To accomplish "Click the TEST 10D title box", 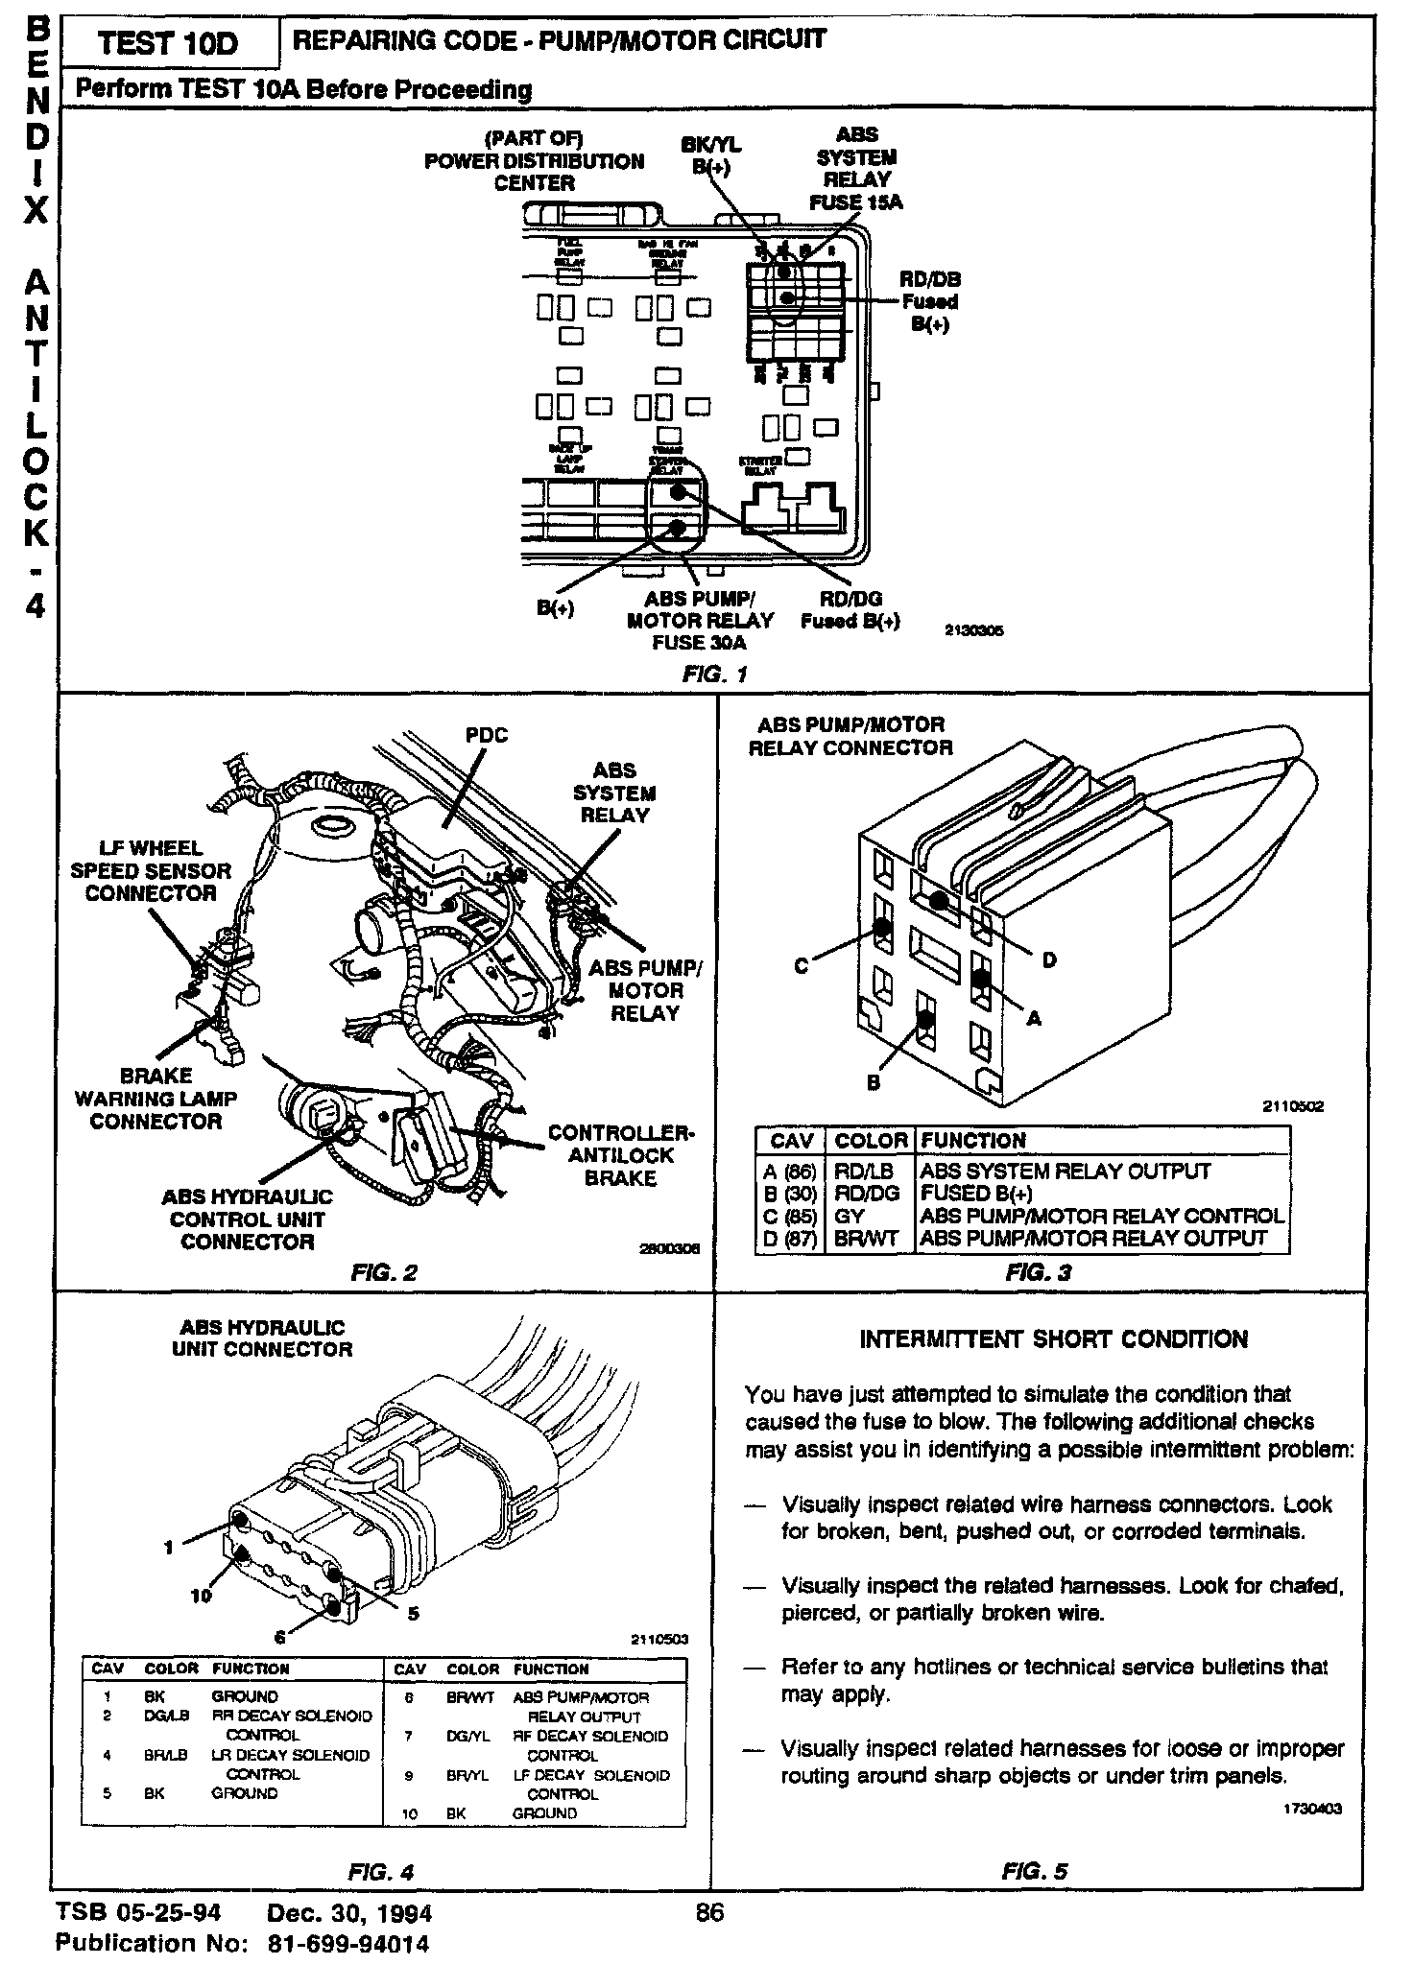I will [168, 44].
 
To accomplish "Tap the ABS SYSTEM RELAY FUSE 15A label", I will [856, 169].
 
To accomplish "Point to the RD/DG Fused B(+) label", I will [850, 610].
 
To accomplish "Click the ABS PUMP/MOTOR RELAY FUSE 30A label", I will [699, 621].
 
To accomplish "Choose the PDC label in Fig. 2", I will [486, 736].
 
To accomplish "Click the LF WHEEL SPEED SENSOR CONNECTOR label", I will [151, 871].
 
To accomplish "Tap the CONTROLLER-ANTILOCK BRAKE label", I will [620, 1155].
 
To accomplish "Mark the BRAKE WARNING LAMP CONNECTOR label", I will [156, 1099].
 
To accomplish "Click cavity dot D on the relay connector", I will [939, 901].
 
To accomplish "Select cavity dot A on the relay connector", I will [981, 980].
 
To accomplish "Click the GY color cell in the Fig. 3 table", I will [850, 1216].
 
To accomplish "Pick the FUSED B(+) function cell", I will [976, 1194].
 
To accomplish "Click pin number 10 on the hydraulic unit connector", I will [201, 1596].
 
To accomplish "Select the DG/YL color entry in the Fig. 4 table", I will [468, 1737].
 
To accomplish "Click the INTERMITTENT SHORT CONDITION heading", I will [1053, 1339].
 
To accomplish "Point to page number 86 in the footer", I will [708, 1912].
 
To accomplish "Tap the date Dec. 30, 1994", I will [349, 1913].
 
